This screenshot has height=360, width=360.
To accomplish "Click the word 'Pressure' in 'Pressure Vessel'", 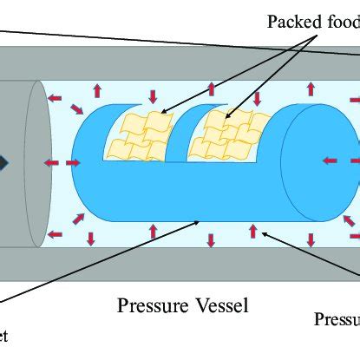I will pyautogui.click(x=150, y=305).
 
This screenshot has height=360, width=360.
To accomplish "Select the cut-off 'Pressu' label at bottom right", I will pyautogui.click(x=337, y=319).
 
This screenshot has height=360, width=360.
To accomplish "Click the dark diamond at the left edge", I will pyautogui.click(x=4, y=162).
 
